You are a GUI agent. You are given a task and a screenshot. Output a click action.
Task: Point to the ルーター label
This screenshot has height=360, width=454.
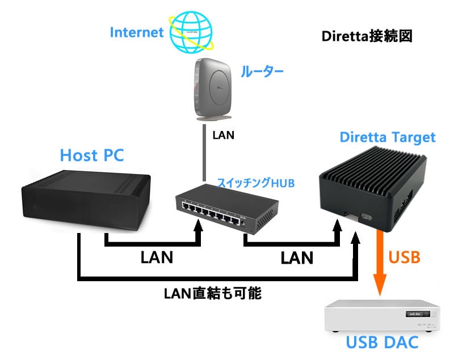pos(262,72)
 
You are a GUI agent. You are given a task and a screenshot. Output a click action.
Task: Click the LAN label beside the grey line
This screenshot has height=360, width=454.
pos(223,136)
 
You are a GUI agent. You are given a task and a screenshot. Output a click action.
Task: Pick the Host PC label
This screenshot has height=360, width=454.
pos(91,154)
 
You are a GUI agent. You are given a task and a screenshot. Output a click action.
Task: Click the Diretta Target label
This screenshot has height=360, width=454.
pos(388,137)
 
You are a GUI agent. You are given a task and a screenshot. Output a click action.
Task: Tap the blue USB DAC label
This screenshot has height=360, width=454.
pos(384,343)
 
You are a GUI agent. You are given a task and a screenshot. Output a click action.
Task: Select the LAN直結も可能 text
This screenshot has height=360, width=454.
pos(213,293)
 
